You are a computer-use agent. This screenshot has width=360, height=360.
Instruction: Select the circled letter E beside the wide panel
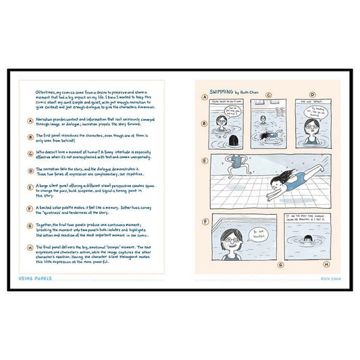pyautogui.click(x=203, y=161)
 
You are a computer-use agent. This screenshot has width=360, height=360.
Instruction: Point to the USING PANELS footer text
pyautogui.click(x=38, y=278)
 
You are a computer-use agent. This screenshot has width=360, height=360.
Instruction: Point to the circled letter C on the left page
pyautogui.click(x=30, y=153)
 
